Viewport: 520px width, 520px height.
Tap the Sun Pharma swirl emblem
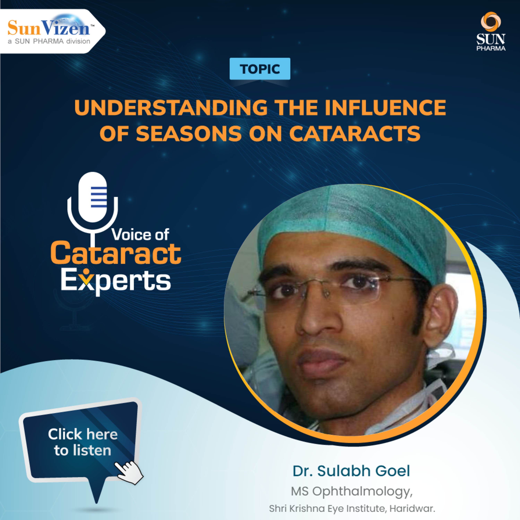[x=491, y=21]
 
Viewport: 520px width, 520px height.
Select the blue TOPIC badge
[x=260, y=69]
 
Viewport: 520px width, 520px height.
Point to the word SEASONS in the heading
[x=189, y=134]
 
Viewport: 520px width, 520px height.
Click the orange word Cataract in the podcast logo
[x=116, y=254]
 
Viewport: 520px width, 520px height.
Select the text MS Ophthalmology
[x=351, y=491]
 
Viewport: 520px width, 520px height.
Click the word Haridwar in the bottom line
[x=412, y=508]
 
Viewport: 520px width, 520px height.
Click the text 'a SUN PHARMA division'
[x=49, y=41]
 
